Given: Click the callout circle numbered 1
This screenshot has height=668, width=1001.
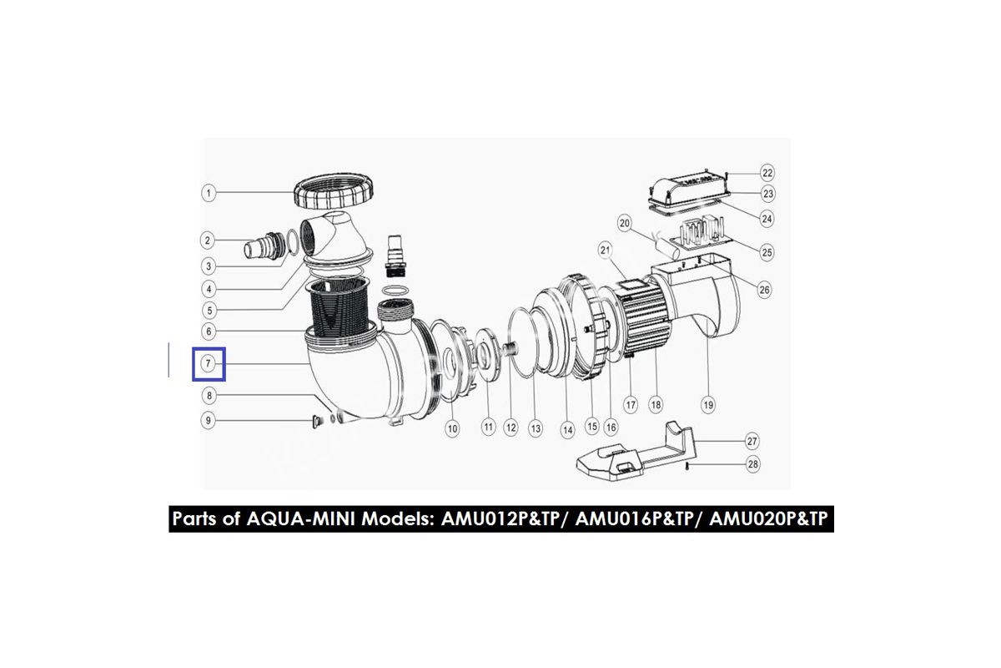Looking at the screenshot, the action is [x=209, y=193].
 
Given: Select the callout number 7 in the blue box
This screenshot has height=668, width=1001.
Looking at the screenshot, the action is [x=208, y=363].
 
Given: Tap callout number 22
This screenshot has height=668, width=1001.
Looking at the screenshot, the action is [x=767, y=173].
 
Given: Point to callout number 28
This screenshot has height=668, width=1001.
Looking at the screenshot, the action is [x=753, y=464].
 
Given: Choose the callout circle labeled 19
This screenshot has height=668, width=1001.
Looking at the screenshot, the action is [x=708, y=405].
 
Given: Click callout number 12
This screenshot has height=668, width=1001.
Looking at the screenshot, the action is [x=511, y=428].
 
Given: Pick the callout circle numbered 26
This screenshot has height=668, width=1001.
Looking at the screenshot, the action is [x=765, y=290].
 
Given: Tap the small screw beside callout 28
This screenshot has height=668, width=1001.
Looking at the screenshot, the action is [x=687, y=468].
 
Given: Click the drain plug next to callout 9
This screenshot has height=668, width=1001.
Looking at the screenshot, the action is [x=317, y=421].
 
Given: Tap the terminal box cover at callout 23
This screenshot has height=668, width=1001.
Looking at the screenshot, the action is [x=687, y=190].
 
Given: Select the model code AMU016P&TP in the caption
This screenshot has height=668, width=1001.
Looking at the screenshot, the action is [x=635, y=519].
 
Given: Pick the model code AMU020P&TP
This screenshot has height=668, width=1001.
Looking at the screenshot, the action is [x=768, y=519].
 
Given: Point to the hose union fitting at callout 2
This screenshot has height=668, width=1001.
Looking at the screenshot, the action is [x=264, y=246].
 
